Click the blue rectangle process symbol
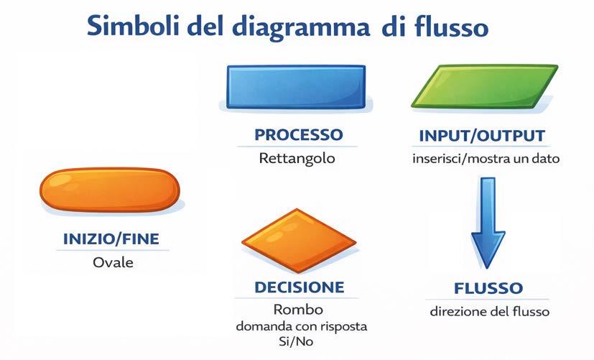[296, 87]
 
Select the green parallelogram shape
[484, 87]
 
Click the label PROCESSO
[298, 134]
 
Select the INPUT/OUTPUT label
[481, 135]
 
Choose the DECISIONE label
[299, 287]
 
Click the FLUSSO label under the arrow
[488, 289]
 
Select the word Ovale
[113, 262]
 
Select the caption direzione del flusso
[490, 312]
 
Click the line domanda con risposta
[302, 326]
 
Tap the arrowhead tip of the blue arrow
[488, 267]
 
